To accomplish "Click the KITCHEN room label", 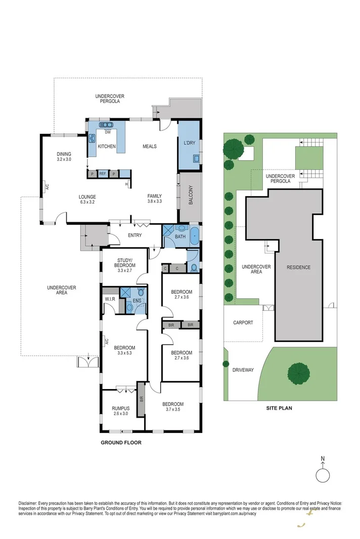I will (107, 146).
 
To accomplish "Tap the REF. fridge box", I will (103, 174).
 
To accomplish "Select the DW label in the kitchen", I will (107, 133).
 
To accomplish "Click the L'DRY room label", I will (189, 143).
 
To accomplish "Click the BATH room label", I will (181, 236).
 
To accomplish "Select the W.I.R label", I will (111, 299).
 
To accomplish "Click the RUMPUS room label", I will (121, 408).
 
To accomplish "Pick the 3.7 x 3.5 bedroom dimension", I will (173, 410).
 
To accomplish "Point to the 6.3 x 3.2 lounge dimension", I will (87, 202).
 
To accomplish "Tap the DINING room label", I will (64, 154).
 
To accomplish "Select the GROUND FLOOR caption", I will (121, 443).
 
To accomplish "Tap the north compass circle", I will (322, 476).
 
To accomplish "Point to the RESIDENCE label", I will (298, 267).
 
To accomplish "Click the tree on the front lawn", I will (298, 373).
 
